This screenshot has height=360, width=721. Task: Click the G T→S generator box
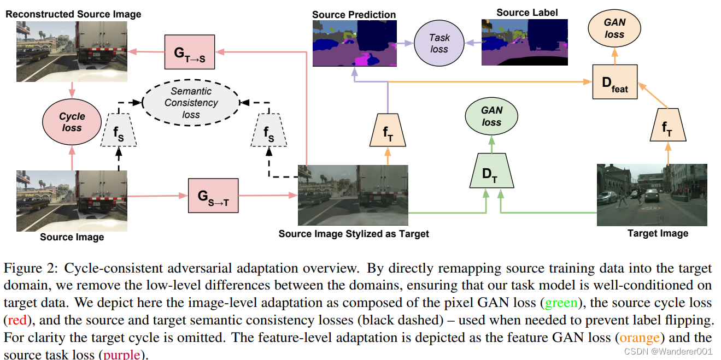pyautogui.click(x=190, y=52)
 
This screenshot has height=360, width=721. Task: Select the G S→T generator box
pyautogui.click(x=213, y=196)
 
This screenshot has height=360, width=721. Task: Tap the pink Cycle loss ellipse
pyautogui.click(x=72, y=122)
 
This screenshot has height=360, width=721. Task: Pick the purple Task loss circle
pyautogui.click(x=439, y=43)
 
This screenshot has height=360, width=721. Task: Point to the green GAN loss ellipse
pyautogui.click(x=491, y=116)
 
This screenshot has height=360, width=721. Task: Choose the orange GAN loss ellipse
pyautogui.click(x=614, y=28)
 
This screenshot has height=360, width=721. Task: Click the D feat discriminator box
pyautogui.click(x=615, y=82)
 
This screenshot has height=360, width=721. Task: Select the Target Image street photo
pyautogui.click(x=652, y=194)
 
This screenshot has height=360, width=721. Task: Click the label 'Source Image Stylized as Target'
pyautogui.click(x=354, y=234)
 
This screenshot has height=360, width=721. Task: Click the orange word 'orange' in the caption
pyautogui.click(x=637, y=338)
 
